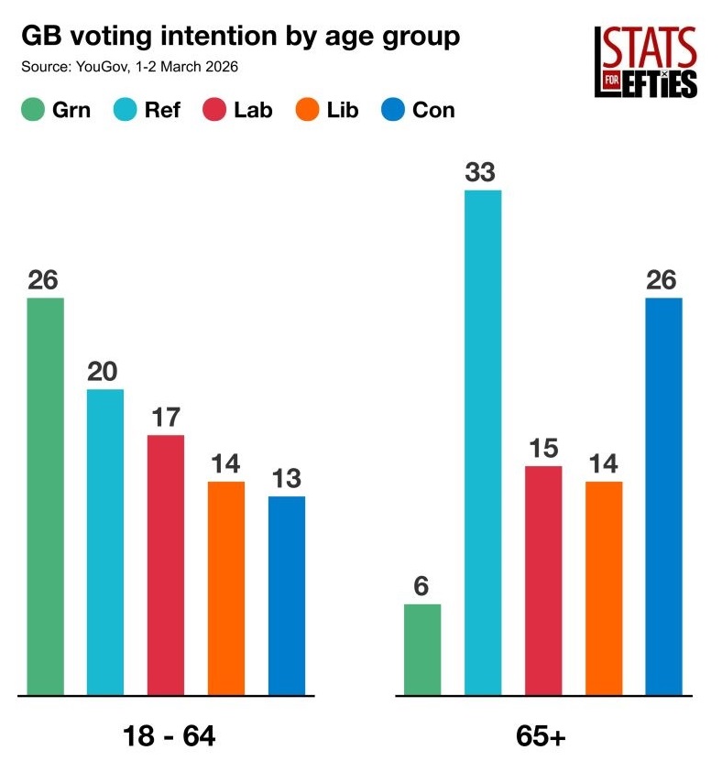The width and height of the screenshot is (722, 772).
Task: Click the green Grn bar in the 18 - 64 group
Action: pos(46,495)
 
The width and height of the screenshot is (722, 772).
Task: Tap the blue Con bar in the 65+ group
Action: pos(664,495)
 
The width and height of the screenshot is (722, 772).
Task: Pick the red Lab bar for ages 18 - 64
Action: pos(166,564)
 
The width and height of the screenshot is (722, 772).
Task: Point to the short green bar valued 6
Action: pos(422,648)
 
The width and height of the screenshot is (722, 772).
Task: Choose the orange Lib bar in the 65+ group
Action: pos(604,587)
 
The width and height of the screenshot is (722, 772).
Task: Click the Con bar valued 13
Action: pos(287,594)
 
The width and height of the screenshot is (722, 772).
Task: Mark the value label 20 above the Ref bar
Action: pos(105,372)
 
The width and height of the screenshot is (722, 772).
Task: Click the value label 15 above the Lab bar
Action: pos(543,449)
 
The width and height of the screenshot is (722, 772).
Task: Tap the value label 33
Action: pos(483,172)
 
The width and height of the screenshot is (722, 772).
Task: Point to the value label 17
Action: pos(166,418)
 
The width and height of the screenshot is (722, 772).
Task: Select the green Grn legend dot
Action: pos(33,111)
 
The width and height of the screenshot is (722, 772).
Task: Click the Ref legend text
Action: pos(162,111)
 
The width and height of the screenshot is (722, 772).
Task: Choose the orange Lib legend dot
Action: pos(306,111)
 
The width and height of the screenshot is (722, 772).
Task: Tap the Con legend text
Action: pos(432,111)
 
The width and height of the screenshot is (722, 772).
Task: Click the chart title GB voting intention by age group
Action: pos(240,38)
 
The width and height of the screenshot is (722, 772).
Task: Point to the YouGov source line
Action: pos(129,68)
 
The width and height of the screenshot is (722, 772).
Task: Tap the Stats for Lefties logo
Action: pos(646,61)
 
